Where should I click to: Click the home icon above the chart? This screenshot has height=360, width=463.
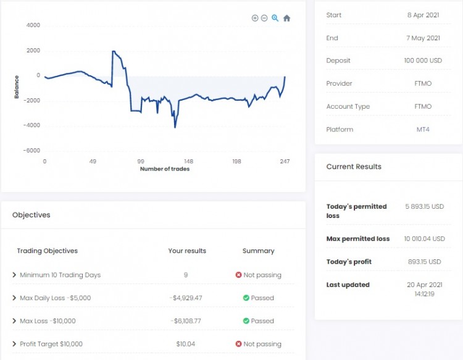[x=286, y=19]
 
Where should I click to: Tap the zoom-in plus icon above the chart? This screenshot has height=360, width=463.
[x=255, y=19]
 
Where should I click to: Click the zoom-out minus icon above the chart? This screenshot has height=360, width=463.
[x=264, y=19]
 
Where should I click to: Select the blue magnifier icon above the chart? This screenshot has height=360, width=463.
[x=275, y=19]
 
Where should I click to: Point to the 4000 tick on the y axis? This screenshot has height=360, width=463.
[x=33, y=25]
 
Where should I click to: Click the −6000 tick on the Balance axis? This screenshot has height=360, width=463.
[x=31, y=150]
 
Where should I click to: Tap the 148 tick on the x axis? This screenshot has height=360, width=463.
[x=188, y=161]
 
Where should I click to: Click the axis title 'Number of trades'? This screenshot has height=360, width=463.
[x=164, y=169]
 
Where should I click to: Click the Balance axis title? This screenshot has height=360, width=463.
[x=17, y=87]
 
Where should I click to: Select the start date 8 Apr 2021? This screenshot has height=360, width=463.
[x=424, y=15]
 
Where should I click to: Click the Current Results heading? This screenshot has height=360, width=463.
[x=354, y=166]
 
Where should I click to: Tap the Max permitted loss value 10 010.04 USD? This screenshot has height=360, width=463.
[x=425, y=238]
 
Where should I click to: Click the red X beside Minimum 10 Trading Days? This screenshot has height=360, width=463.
[x=239, y=275]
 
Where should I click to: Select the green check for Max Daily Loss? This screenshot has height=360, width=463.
[x=246, y=298]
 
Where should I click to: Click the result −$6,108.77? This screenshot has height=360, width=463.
[x=186, y=321]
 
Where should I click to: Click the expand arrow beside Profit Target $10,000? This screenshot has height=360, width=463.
[x=14, y=343]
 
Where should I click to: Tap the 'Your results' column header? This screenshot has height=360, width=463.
[x=187, y=251]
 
